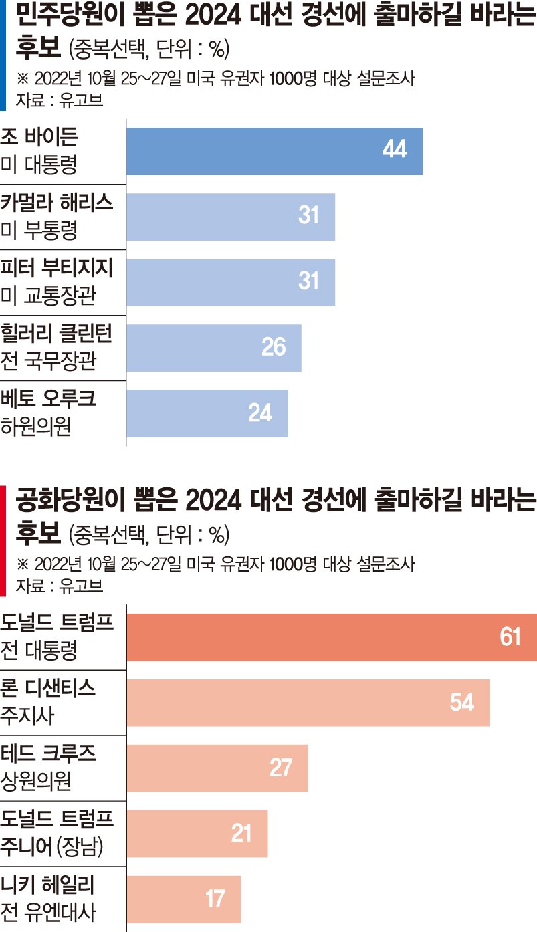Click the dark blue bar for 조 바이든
[x=274, y=152]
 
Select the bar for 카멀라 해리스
[x=231, y=217]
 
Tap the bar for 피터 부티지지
[x=231, y=283]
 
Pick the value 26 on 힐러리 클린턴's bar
[x=274, y=346]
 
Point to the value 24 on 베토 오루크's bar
[x=260, y=413]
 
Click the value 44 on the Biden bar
[x=395, y=148]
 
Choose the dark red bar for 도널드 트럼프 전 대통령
[x=332, y=637]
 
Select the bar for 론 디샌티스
[x=308, y=703]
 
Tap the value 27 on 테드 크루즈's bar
[x=281, y=768]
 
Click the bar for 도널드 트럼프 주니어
[x=197, y=834]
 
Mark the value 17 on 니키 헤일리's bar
[x=215, y=899]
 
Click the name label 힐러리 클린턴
[x=56, y=333]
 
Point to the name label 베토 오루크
[x=48, y=398]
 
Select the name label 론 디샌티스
[x=48, y=688]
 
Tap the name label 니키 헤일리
[x=47, y=885]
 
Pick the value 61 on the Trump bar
[x=510, y=636]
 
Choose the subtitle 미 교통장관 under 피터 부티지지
[x=48, y=296]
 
